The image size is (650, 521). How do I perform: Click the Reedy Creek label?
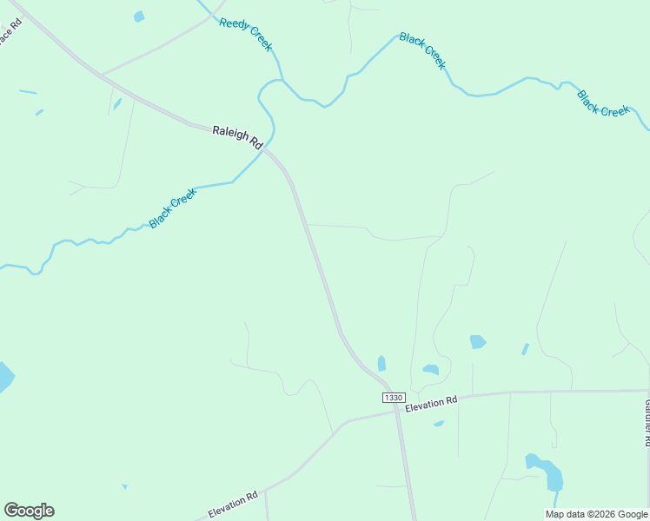[x=246, y=34]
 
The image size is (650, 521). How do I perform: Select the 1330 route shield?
[x=394, y=397]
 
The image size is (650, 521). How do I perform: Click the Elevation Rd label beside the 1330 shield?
[x=431, y=403]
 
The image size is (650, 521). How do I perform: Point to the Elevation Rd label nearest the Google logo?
[x=233, y=504]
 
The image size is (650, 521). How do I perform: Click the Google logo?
[x=29, y=511]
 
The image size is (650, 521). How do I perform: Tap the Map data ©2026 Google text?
[x=597, y=514]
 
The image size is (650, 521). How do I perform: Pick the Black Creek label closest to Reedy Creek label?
[x=423, y=51]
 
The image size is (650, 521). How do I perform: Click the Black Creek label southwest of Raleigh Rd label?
[x=173, y=209]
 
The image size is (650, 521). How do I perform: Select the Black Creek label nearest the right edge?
[x=603, y=103]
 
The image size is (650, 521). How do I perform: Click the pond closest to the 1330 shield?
[x=381, y=363]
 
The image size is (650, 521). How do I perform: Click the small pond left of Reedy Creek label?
[x=139, y=16]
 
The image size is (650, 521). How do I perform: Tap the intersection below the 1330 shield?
[x=397, y=411]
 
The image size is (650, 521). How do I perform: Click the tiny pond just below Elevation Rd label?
[x=439, y=424]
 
